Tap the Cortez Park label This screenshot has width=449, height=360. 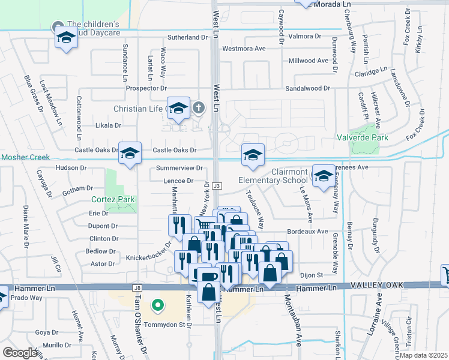click(113, 199)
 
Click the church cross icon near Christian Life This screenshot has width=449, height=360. click(199, 108)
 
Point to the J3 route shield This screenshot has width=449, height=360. click(217, 186)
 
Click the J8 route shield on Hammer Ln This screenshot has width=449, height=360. click(136, 288)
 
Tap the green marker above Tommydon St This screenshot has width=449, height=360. click(158, 307)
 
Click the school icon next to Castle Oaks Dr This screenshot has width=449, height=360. click(130, 153)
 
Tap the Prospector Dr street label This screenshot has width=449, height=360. click(146, 88)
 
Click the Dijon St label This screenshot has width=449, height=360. click(312, 275)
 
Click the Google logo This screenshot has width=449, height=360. click(20, 353)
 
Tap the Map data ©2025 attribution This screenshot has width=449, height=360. click(423, 355)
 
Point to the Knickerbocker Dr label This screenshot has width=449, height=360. click(148, 258)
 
